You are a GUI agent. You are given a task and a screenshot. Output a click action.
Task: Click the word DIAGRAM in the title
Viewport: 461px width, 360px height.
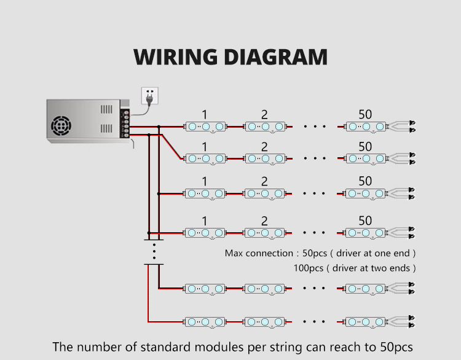coord(274,57)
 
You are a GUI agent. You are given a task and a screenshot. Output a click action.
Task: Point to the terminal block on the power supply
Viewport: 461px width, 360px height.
coord(127,123)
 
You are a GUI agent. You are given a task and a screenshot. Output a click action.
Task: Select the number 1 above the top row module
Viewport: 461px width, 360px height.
coord(205,114)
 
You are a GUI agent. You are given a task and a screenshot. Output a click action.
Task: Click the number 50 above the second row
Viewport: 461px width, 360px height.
coord(365,147)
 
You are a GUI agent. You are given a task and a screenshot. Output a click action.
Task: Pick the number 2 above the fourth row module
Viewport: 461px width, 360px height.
coord(264,221)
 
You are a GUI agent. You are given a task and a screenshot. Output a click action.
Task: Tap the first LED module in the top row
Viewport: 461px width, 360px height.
coord(205,127)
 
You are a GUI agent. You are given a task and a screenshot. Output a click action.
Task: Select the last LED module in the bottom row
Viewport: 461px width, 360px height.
coord(365,321)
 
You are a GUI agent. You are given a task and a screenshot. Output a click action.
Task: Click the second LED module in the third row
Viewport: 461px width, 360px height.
coord(264,194)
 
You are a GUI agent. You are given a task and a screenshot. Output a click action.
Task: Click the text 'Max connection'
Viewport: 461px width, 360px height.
coord(258,253)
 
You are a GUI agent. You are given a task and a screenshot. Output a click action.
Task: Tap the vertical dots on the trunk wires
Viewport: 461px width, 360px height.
coord(154,250)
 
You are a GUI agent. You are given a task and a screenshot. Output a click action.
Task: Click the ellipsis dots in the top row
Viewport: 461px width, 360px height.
coord(315,127)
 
